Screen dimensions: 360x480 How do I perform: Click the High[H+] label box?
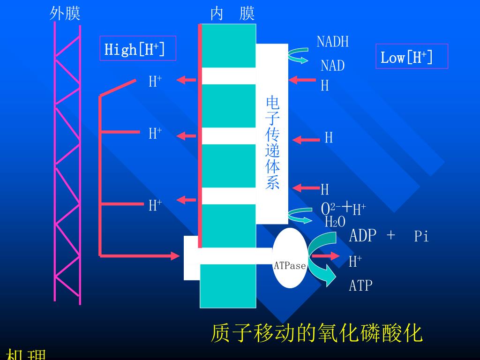pos(138,48)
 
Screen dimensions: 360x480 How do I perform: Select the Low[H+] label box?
pos(412,57)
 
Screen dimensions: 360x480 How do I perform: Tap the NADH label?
pos(332,42)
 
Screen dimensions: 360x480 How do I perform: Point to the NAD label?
pos(332,66)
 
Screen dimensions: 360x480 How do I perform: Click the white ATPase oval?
pos(290,258)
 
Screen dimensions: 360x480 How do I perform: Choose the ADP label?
pos(362,235)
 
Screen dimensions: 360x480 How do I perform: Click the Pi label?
pos(421,237)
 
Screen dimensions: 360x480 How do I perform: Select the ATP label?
pos(360,285)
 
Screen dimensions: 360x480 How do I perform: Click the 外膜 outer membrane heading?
pos(65,14)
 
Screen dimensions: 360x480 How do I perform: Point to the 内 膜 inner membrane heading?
pos(232,14)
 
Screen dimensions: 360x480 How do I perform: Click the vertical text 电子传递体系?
pos(272,142)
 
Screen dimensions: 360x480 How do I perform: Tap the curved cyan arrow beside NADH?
pos(297,56)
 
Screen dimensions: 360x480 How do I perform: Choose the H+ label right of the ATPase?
pos(355,261)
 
